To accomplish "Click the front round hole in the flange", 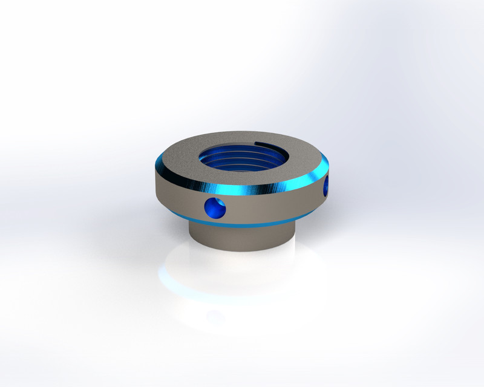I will click(x=215, y=208).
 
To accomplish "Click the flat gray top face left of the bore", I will click(x=178, y=160).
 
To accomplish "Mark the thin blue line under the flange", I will click(x=242, y=224).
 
